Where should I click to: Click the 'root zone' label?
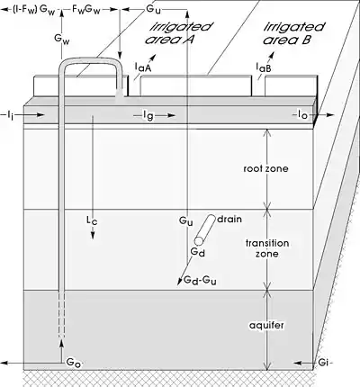coord(265,168)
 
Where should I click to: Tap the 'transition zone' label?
coord(267,248)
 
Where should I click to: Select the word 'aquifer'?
coord(266,326)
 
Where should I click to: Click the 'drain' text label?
coord(229,219)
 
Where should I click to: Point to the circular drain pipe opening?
coord(199,241)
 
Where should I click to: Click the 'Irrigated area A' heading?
coord(178,33)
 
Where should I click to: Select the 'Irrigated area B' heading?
coord(293,33)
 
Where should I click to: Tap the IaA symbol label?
coord(143,67)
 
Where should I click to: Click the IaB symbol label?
coord(264,67)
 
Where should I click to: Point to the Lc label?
coord(92,220)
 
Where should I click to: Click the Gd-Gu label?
coord(200,280)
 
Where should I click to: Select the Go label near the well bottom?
coord(74,363)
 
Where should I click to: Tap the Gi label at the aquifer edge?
coord(323,363)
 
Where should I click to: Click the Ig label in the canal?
coord(148,115)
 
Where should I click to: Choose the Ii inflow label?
coord(10,115)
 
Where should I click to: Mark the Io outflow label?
coord(302,114)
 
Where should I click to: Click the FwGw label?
coord(85,9)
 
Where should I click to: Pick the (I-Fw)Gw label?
coord(33,9)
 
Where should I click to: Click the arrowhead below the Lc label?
coord(93,236)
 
